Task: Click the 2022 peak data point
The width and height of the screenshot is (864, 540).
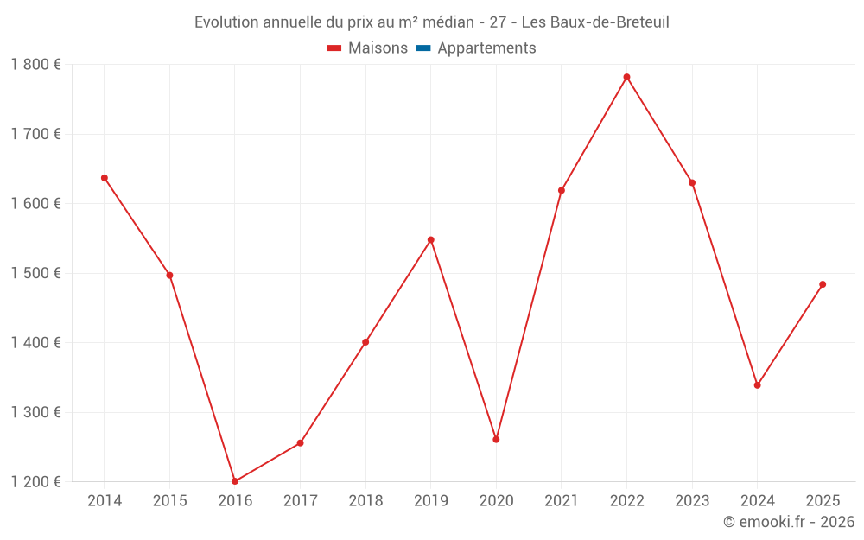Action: (x=626, y=77)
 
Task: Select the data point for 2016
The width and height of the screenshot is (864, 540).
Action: (x=235, y=481)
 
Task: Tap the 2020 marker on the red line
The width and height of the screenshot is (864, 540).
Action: (x=496, y=440)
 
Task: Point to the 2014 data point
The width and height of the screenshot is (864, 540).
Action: (x=105, y=178)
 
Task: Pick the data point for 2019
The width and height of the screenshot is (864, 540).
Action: (x=430, y=239)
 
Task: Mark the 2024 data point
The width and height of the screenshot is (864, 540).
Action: (x=757, y=385)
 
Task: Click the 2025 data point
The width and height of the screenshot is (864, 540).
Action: (x=823, y=284)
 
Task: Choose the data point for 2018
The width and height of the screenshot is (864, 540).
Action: (x=365, y=342)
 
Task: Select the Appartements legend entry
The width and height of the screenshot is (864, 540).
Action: (x=486, y=48)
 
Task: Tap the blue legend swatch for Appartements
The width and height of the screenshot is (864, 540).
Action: (x=423, y=48)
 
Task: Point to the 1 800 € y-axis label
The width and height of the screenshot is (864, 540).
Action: (x=35, y=65)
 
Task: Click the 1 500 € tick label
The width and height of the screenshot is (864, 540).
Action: (x=35, y=273)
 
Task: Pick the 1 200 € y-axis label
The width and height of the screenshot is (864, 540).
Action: (x=35, y=481)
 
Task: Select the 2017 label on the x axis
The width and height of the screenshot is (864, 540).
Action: (x=300, y=501)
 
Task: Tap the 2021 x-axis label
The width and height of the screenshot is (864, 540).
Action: (x=562, y=501)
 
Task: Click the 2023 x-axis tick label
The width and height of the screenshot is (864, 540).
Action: (x=692, y=501)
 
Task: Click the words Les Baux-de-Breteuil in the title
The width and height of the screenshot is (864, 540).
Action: (x=595, y=22)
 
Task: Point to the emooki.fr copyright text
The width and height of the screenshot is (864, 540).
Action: (x=788, y=522)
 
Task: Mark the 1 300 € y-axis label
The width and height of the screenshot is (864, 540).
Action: (x=35, y=412)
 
